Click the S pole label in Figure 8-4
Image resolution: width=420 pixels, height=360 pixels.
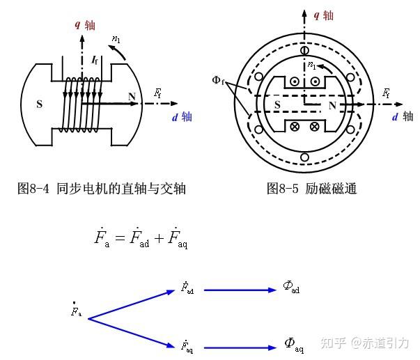click(39, 105)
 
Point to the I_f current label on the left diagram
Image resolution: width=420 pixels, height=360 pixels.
click(95, 61)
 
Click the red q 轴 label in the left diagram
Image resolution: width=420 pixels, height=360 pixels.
click(86, 25)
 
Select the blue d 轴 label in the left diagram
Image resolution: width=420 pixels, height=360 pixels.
click(182, 117)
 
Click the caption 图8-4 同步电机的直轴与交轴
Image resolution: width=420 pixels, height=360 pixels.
click(102, 189)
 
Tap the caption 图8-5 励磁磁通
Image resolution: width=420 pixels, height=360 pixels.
click(311, 189)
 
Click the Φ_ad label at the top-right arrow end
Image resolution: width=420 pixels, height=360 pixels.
click(291, 287)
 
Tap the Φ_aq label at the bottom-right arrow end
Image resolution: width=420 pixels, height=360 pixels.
click(294, 343)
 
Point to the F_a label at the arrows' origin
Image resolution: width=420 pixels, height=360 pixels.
click(76, 311)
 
